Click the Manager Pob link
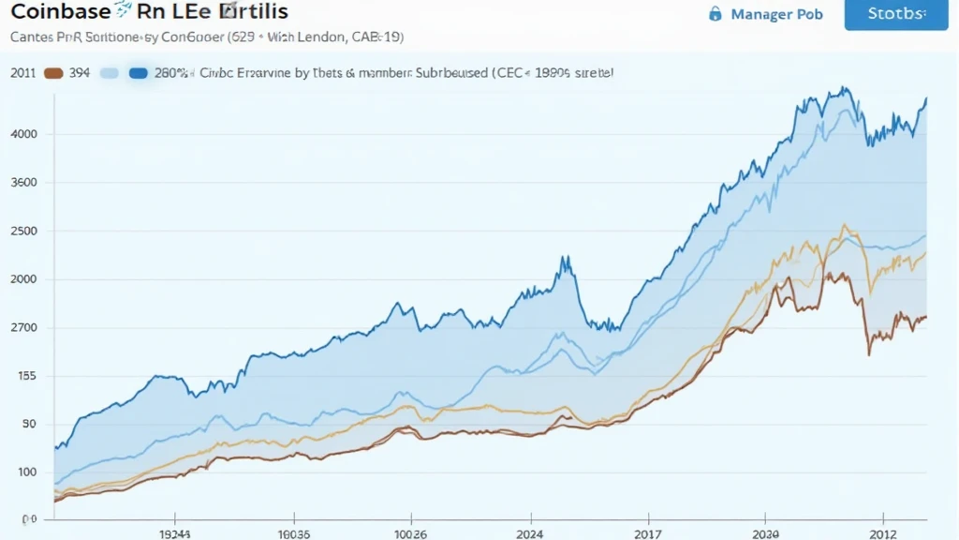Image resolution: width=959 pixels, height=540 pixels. coord(777,14)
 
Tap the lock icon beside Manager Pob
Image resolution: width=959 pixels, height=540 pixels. coord(716,14)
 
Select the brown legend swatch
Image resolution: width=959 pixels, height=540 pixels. coord(53,73)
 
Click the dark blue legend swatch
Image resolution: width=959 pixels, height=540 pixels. coord(139,73)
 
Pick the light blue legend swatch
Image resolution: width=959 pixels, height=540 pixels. coord(110,73)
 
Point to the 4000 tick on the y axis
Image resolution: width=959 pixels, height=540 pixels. coord(23,134)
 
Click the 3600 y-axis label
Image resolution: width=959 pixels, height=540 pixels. coord(23,183)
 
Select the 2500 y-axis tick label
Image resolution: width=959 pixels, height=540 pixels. coord(23,232)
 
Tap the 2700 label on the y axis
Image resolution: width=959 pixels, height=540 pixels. coord(23,328)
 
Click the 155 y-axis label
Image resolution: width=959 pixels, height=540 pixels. coord(25,377)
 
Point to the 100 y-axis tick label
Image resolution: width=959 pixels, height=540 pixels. coord(25,472)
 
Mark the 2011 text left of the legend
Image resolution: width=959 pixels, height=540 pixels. coord(22,73)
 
